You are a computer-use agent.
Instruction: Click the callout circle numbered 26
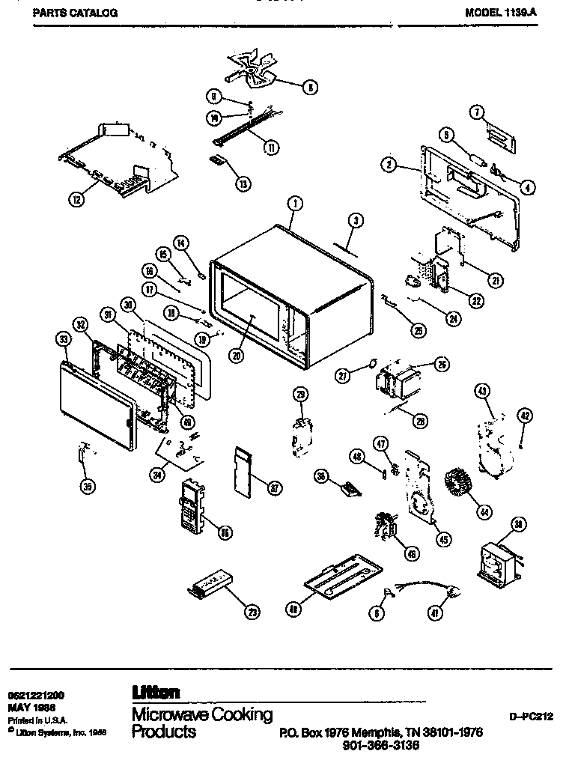441,365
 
